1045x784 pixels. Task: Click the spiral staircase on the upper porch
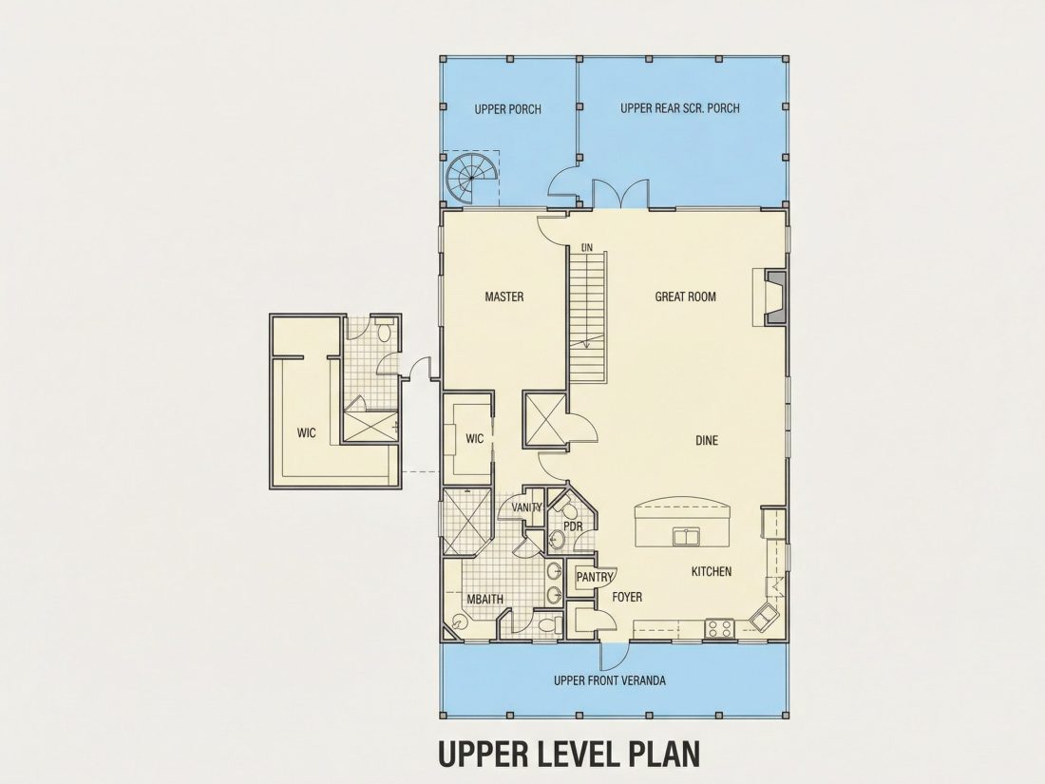(x=471, y=178)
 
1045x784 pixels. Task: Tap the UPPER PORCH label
(x=508, y=109)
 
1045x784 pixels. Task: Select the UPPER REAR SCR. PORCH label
(x=680, y=108)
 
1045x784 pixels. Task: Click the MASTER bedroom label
(x=503, y=296)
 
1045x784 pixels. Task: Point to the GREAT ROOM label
(x=685, y=296)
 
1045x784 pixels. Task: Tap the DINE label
(x=707, y=441)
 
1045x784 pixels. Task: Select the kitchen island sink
(x=684, y=537)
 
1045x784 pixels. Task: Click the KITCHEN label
(x=712, y=571)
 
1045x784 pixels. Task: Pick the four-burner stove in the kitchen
(x=720, y=627)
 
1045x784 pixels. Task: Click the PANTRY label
(x=594, y=578)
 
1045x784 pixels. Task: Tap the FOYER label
(x=627, y=597)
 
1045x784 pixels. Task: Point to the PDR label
(x=573, y=526)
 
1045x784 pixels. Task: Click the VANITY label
(x=526, y=508)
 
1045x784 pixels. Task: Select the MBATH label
(x=484, y=599)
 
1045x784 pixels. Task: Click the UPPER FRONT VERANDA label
(x=610, y=680)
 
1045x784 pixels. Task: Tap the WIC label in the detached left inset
(x=307, y=433)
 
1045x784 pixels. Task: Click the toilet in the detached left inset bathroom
(x=385, y=332)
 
